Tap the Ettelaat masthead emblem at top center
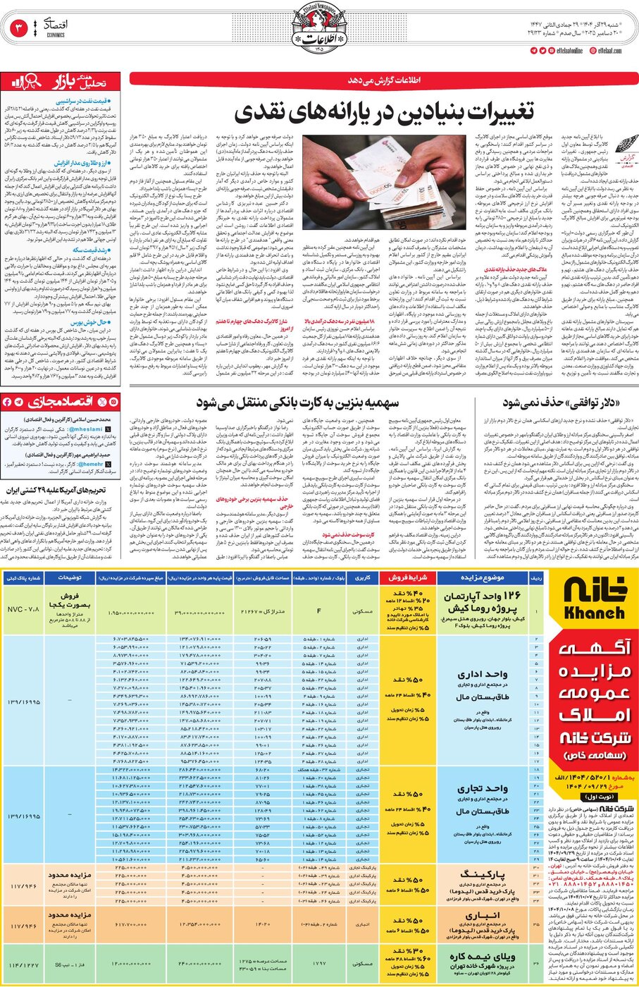pos(318,28)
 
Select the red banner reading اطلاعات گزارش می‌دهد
pos(383,80)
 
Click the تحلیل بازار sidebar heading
pos(60,83)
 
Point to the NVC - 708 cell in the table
pos(23,608)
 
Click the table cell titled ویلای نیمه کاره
pos(482,957)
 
